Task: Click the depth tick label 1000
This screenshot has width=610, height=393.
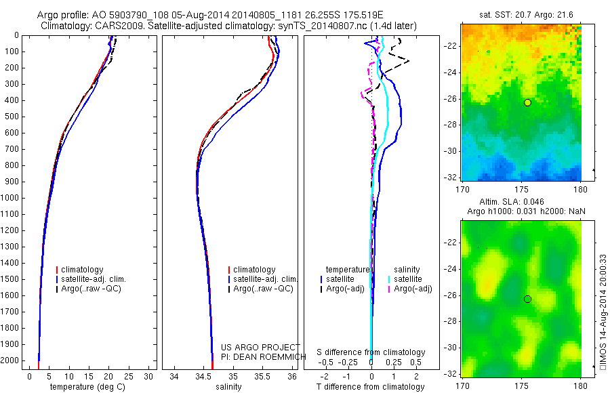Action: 11,198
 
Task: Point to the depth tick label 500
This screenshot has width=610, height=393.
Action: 13,117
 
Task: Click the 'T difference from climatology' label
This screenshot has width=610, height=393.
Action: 371,387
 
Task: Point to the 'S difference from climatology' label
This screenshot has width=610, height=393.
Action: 371,352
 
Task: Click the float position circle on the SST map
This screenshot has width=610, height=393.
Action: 528,102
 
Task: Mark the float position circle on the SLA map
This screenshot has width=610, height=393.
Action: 528,299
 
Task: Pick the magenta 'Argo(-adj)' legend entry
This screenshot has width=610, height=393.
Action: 413,289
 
